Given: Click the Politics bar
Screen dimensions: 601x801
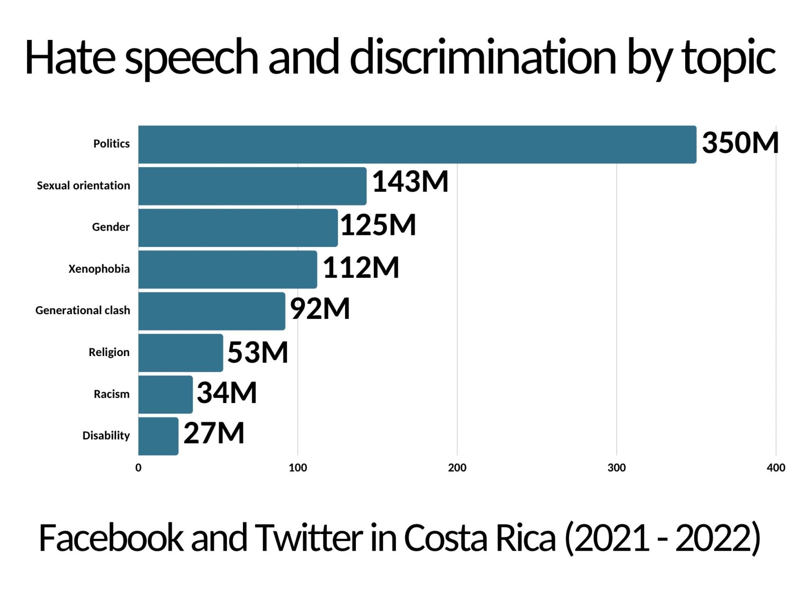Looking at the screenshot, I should (417, 144).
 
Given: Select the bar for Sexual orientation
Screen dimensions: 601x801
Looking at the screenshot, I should (252, 186).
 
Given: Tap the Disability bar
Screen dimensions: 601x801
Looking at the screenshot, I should (158, 436).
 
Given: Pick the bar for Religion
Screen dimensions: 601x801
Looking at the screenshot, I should (180, 353).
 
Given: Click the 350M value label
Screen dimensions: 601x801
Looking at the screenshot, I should (740, 142).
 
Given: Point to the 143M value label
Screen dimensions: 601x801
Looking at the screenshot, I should (410, 181).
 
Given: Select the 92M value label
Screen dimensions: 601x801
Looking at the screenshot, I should (320, 309).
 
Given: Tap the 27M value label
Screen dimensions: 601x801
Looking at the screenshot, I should (214, 433).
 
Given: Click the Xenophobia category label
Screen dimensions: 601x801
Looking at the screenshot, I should (99, 269).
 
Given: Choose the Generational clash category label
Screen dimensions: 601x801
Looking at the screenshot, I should (83, 310).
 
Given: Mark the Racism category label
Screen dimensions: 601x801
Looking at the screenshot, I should (112, 394).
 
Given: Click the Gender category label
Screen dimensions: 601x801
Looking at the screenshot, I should (111, 227).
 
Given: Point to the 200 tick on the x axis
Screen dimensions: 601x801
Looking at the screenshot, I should (457, 468).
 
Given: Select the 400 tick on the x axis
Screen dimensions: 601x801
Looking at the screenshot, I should (776, 468).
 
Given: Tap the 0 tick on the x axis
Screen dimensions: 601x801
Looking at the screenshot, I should (138, 468).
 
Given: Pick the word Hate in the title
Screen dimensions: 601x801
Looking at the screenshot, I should (70, 57).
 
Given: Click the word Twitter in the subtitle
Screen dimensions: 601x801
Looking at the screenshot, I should (308, 538).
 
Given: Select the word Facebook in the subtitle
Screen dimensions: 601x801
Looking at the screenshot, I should (111, 538).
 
